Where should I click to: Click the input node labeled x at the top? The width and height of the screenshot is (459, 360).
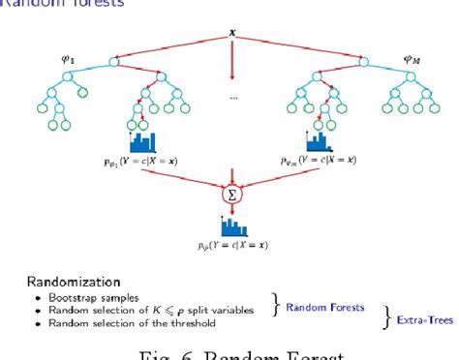(x=232, y=34)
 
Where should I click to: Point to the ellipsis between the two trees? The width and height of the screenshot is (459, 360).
(x=233, y=97)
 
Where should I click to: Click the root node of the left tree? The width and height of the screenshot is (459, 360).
(x=114, y=63)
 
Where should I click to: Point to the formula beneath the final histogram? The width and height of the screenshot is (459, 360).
(x=233, y=247)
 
